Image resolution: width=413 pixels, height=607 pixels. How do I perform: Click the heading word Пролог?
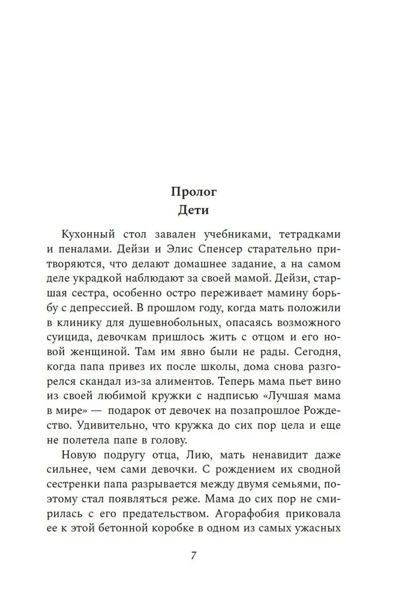(x=194, y=192)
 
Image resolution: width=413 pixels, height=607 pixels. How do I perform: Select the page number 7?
(x=193, y=556)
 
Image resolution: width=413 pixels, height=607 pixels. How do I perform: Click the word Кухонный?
(x=89, y=234)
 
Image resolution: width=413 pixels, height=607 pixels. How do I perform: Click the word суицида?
(x=68, y=337)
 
